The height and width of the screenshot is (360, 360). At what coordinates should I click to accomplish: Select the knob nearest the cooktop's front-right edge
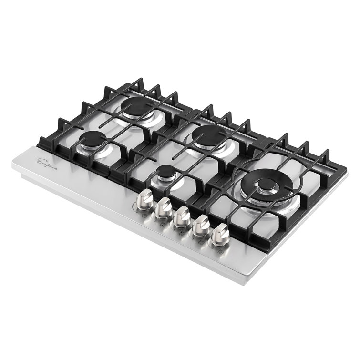pos(220,234)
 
